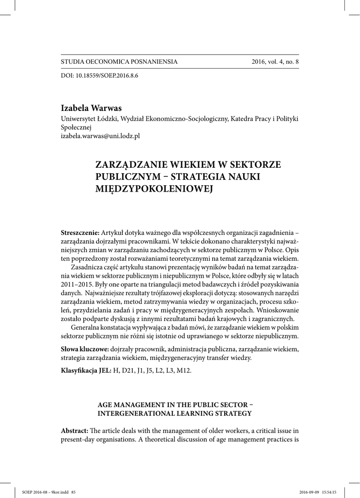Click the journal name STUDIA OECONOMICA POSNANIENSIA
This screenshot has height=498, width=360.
[119, 62]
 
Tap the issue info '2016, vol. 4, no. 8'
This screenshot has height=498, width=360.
[275, 62]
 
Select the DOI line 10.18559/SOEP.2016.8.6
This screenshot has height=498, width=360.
[99, 77]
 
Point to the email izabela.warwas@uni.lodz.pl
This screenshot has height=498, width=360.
[100, 136]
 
